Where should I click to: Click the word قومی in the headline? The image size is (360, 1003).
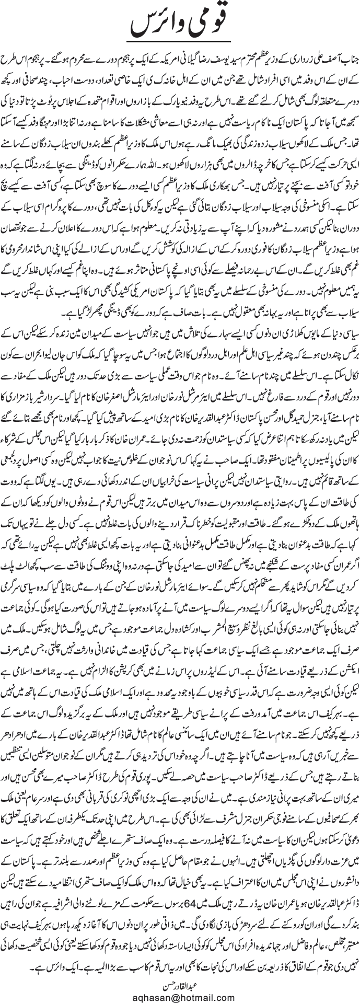pyautogui.click(x=229, y=23)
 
